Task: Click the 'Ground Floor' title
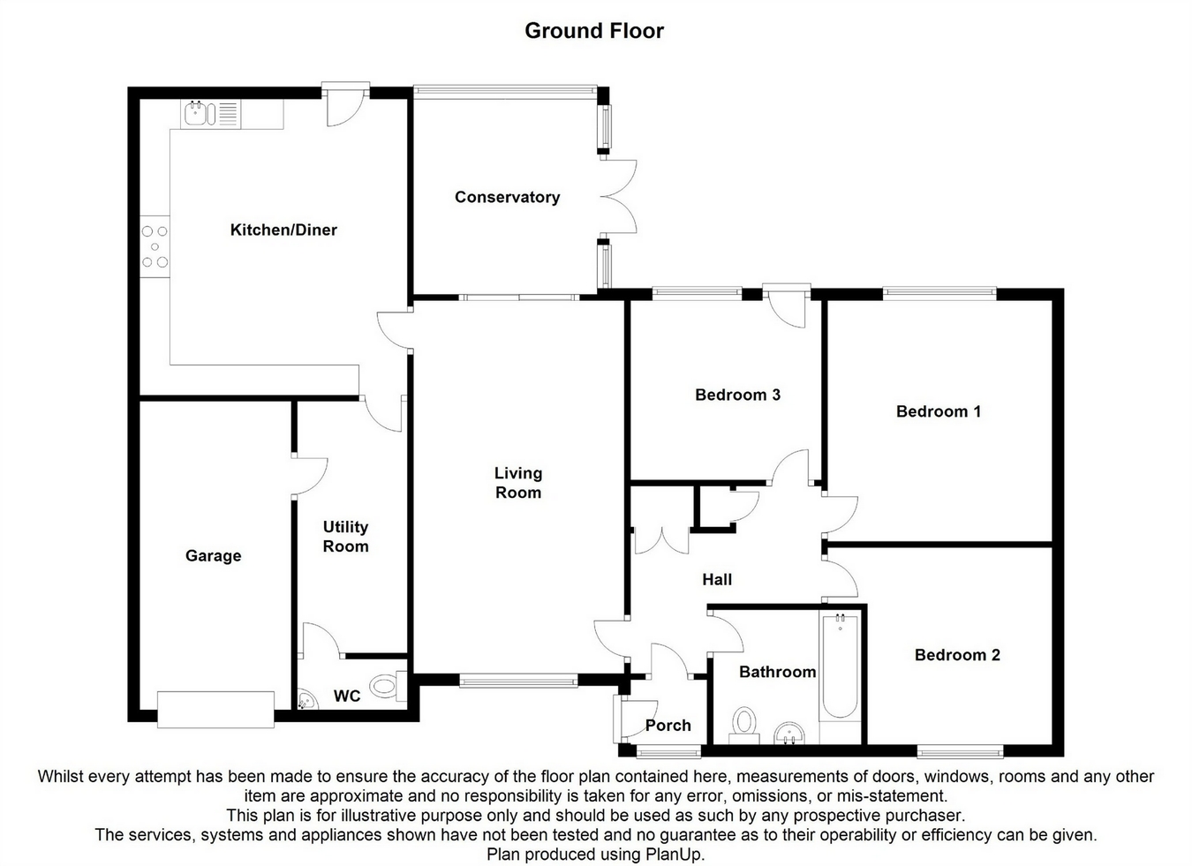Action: click(594, 31)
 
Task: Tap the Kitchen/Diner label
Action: click(283, 230)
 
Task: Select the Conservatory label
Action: click(507, 197)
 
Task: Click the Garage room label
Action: click(213, 555)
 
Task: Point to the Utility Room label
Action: click(345, 537)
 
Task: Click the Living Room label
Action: click(518, 483)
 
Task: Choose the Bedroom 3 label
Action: click(737, 395)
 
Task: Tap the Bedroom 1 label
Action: click(938, 411)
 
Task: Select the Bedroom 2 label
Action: click(957, 655)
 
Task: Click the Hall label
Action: click(717, 580)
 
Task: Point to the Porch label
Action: click(668, 726)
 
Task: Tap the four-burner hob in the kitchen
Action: click(155, 246)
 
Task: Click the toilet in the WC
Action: click(386, 685)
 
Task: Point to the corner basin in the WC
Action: click(306, 701)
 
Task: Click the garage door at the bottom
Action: click(215, 709)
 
